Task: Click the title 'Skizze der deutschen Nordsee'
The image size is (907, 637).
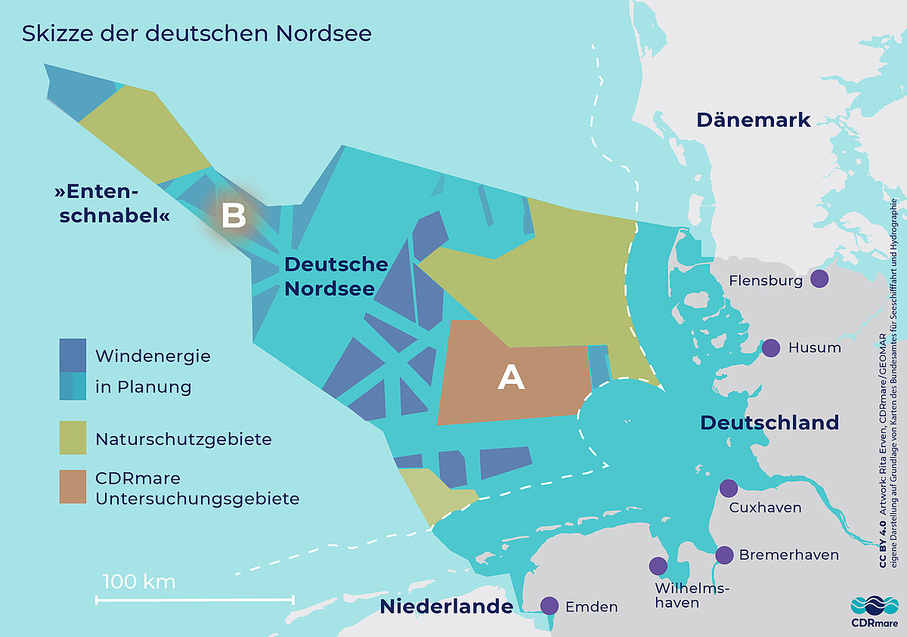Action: tap(197, 34)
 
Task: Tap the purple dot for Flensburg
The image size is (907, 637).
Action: tap(819, 279)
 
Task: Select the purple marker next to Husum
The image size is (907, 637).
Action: tap(770, 348)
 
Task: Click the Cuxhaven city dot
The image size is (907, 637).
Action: tap(728, 488)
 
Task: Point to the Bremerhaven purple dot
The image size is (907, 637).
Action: tap(724, 555)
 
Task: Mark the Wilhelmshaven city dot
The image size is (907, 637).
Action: tap(658, 566)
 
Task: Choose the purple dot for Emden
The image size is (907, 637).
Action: tap(549, 606)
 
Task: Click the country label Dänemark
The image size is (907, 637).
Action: tap(753, 119)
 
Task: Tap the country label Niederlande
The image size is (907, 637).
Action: tap(446, 606)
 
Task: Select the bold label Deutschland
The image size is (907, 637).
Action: tap(769, 422)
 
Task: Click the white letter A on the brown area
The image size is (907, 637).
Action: tap(511, 378)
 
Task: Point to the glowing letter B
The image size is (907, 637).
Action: tap(234, 217)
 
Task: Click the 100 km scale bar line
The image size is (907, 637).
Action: tap(194, 600)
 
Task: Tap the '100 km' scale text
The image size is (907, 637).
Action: tap(138, 582)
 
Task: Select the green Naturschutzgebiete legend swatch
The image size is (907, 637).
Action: tap(73, 438)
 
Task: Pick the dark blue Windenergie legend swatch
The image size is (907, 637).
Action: tap(73, 355)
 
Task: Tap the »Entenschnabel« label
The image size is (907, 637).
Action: tap(111, 204)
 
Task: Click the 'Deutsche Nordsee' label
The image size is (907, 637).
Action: tap(336, 277)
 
